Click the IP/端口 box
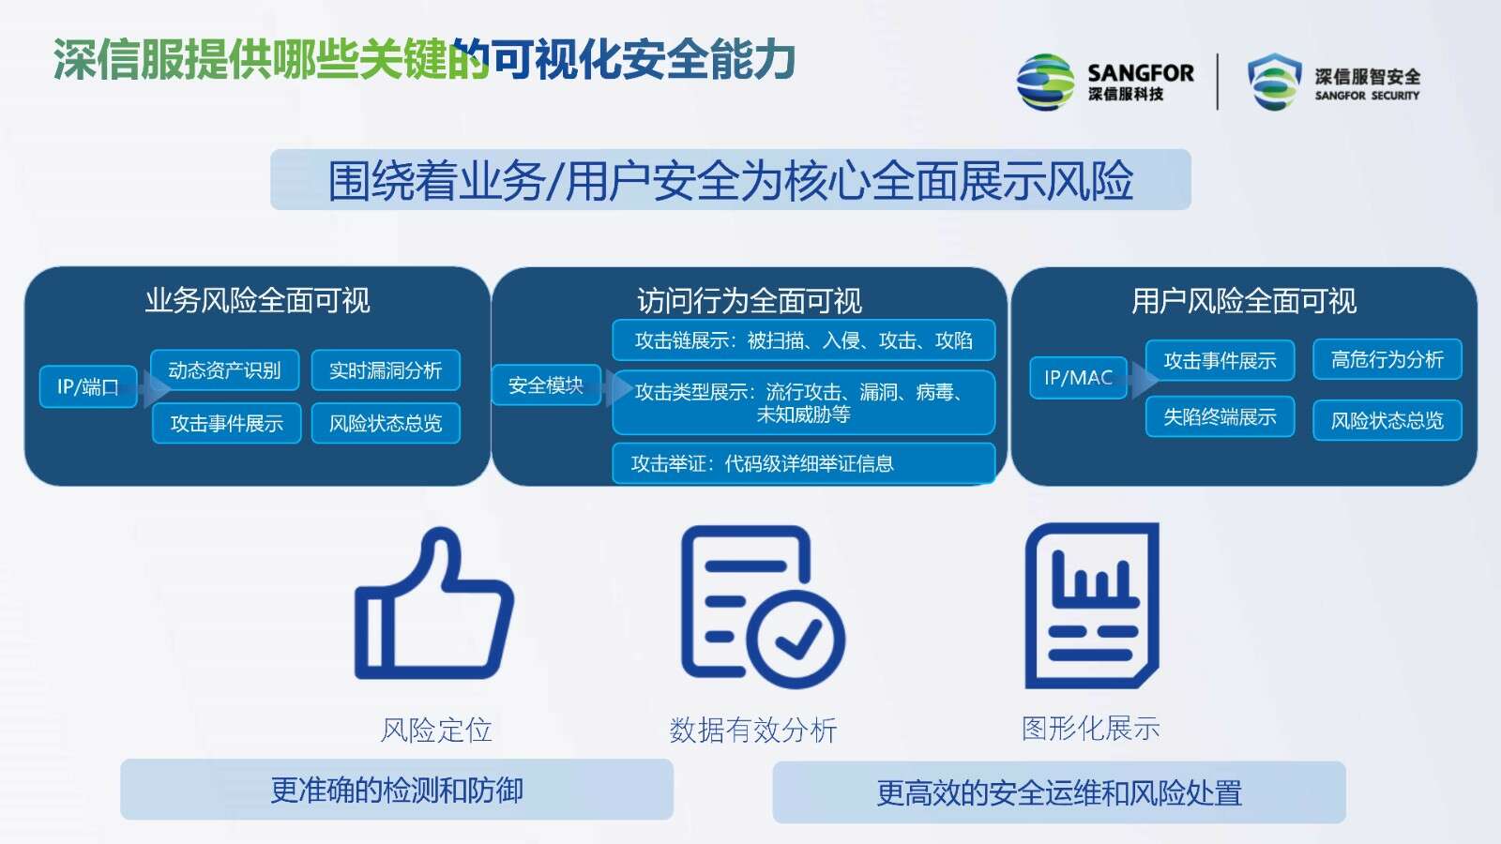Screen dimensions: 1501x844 tap(88, 386)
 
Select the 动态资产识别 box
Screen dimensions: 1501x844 tap(224, 369)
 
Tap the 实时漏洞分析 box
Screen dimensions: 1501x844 tap(386, 369)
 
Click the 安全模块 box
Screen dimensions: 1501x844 tap(545, 385)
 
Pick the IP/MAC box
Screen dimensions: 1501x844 tap(1078, 378)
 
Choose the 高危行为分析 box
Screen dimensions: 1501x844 tap(1387, 360)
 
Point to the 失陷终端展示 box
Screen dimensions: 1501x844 tap(1220, 416)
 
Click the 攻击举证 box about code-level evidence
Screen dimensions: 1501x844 tap(803, 463)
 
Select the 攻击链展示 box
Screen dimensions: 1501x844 tap(803, 340)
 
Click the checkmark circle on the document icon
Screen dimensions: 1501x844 tap(796, 639)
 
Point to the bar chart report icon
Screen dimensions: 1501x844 tap(1092, 606)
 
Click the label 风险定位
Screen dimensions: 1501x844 tap(436, 731)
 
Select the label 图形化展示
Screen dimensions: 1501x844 tap(1091, 728)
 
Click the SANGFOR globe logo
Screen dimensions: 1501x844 tap(1045, 83)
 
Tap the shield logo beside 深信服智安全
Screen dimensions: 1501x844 tap(1274, 82)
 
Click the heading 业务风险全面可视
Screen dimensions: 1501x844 tap(258, 301)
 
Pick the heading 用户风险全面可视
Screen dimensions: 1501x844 tap(1244, 301)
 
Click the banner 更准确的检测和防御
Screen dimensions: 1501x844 tap(397, 790)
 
